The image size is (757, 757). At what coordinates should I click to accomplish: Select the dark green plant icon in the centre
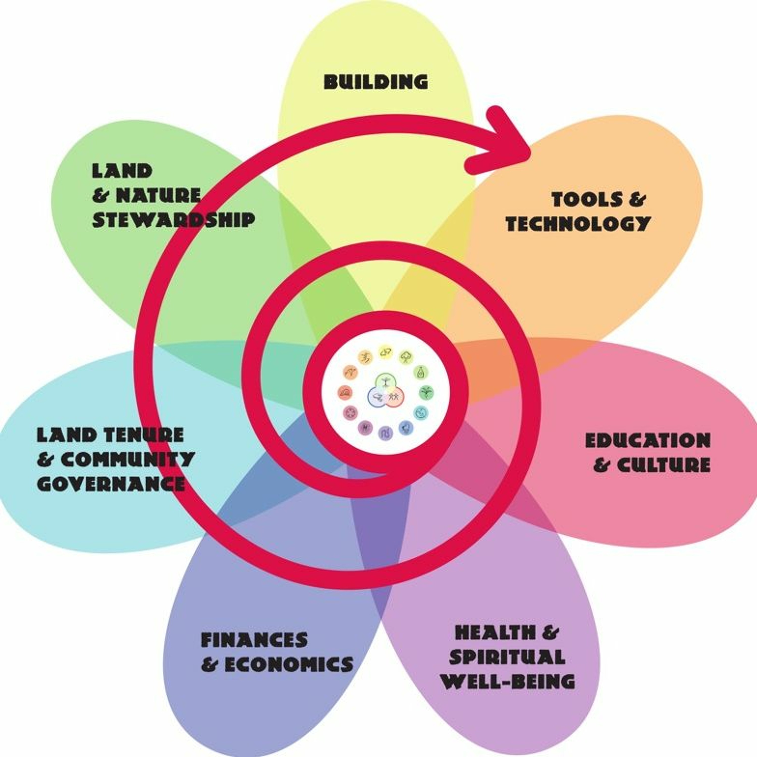426,392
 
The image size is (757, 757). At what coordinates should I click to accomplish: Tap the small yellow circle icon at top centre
385,352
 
